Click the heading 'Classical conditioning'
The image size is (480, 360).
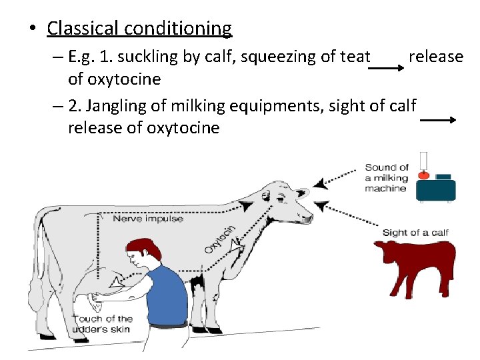[x=139, y=29]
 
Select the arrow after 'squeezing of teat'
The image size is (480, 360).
[x=389, y=69]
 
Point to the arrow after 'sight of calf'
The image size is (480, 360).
[x=437, y=120]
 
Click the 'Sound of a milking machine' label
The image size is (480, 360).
[x=387, y=177]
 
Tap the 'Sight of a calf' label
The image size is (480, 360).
[x=415, y=233]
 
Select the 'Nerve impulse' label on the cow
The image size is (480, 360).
[x=148, y=219]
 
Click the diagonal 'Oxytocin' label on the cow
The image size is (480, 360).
[x=219, y=239]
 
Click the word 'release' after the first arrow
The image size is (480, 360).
[x=435, y=57]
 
